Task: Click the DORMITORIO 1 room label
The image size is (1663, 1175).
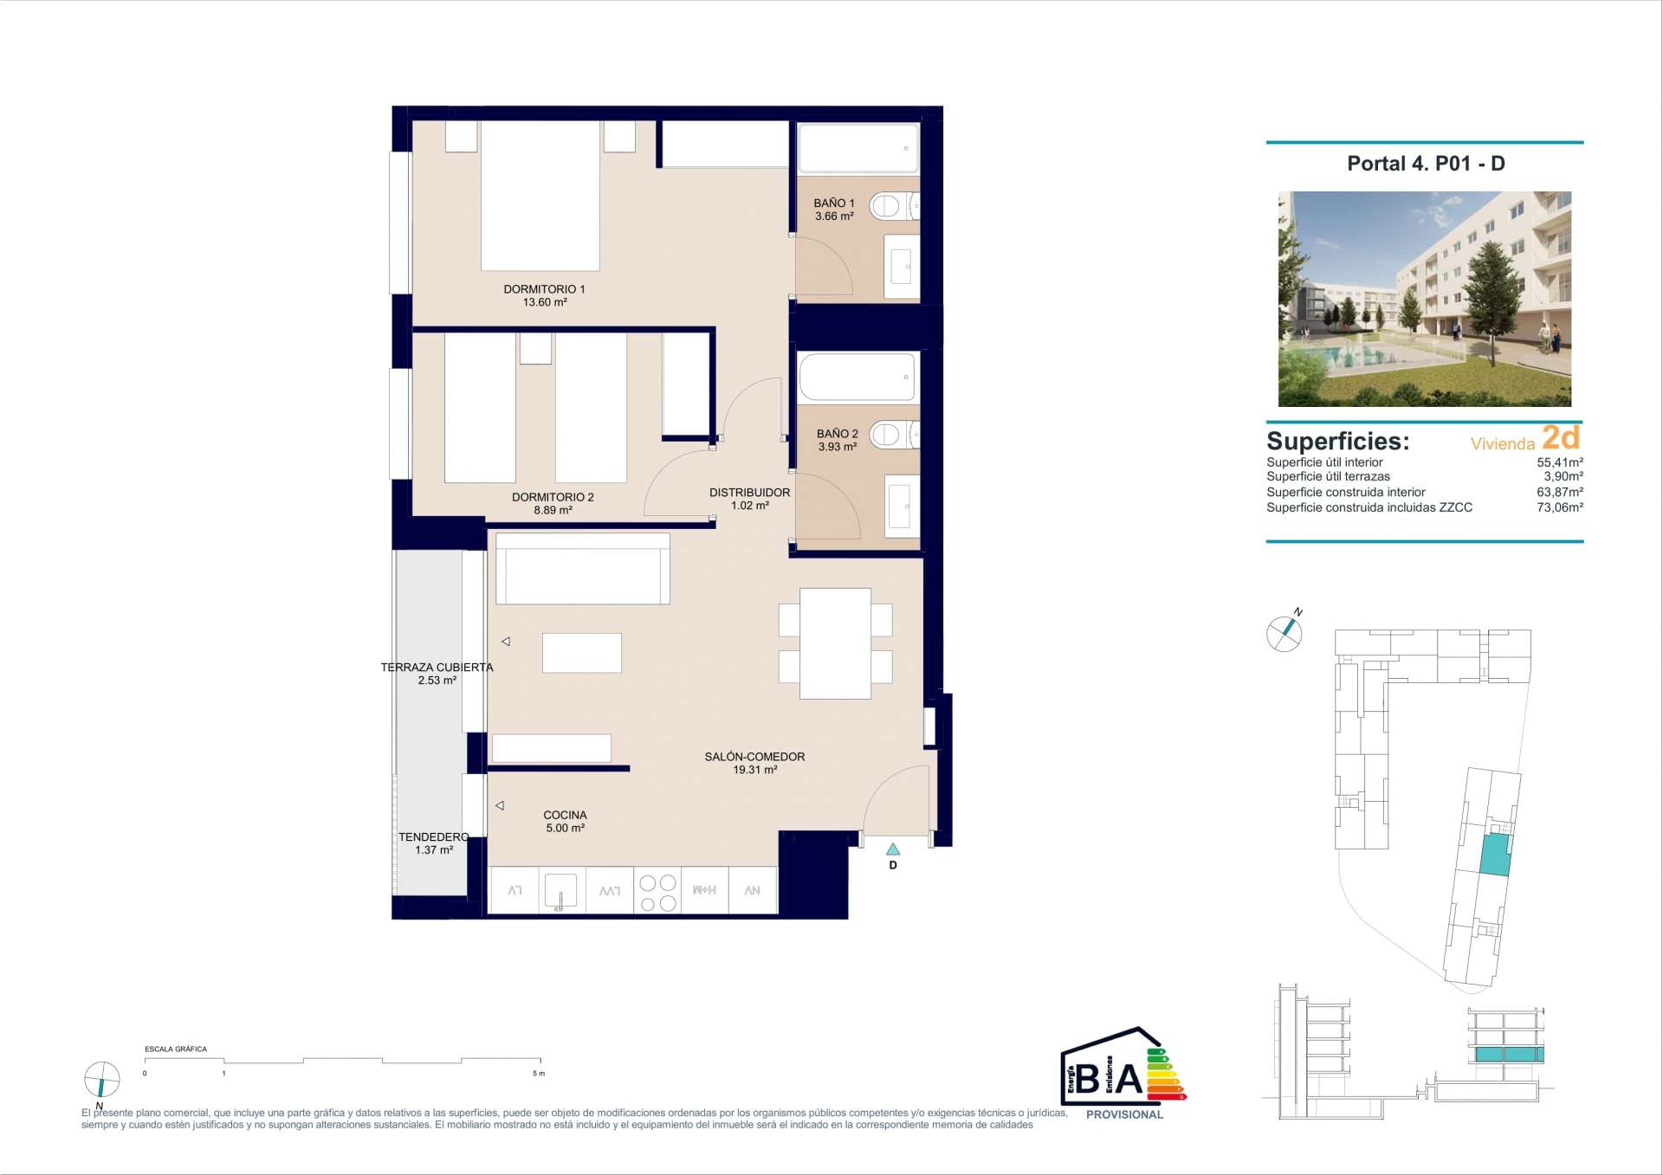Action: (x=544, y=289)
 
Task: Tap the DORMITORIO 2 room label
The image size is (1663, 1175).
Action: (x=553, y=497)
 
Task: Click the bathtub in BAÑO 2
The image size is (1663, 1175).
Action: (x=857, y=378)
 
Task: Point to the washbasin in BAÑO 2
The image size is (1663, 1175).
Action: (x=902, y=506)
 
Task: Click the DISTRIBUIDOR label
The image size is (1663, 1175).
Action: (x=749, y=493)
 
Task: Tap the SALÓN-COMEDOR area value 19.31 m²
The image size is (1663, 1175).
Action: (x=754, y=770)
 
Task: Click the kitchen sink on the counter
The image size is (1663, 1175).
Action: (x=560, y=891)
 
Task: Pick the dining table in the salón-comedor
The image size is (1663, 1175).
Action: (x=835, y=643)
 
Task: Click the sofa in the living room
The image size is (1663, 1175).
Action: (x=583, y=568)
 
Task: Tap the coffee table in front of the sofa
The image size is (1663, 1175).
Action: (x=582, y=653)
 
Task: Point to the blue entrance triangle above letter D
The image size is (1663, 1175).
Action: (x=893, y=849)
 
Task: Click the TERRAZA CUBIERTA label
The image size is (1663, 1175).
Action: (x=437, y=668)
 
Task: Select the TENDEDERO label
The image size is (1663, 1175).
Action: (x=433, y=837)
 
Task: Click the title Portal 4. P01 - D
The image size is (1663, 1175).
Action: (x=1426, y=164)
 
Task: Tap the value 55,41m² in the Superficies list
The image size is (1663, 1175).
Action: (x=1560, y=462)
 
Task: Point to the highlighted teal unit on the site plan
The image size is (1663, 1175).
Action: (x=1494, y=855)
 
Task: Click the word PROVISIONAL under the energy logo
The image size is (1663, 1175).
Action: (x=1124, y=1115)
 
